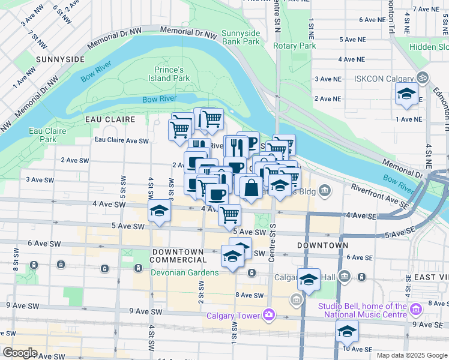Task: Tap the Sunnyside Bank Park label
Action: (240, 37)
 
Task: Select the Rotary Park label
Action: (294, 46)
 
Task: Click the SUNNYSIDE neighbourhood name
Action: (60, 59)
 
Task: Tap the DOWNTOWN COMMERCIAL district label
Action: (178, 256)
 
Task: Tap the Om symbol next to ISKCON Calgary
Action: (423, 78)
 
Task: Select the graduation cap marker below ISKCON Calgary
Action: (406, 94)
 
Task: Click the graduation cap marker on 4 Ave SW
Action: (159, 211)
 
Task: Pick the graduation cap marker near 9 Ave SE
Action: (347, 331)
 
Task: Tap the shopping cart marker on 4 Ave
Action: (229, 214)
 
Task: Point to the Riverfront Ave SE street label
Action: (379, 195)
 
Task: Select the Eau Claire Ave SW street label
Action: (121, 140)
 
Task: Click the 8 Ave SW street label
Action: (250, 295)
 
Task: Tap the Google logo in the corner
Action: (20, 353)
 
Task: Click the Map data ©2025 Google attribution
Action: (411, 355)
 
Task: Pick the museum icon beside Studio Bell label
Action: (416, 308)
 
